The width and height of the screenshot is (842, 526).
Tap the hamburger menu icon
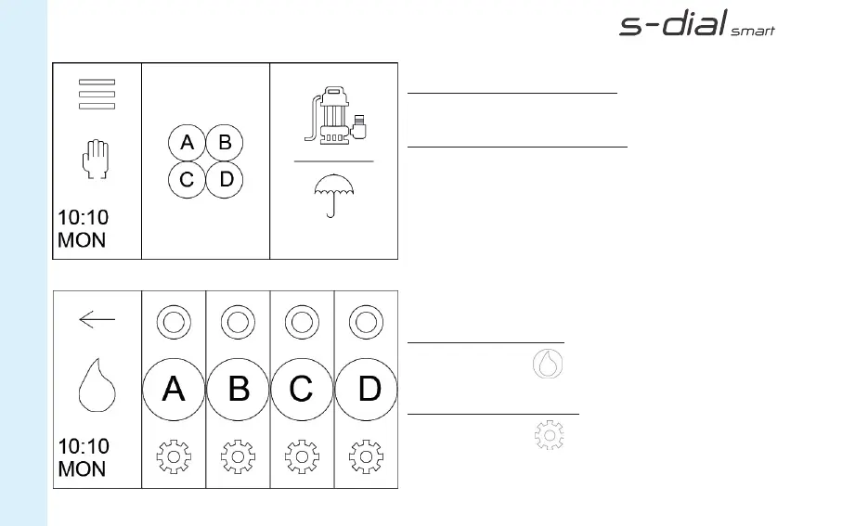[x=97, y=94]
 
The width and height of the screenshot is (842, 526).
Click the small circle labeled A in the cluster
[x=187, y=143]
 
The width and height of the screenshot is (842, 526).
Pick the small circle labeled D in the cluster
[x=225, y=179]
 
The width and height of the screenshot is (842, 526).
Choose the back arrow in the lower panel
[x=97, y=320]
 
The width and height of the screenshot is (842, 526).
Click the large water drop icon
[x=97, y=387]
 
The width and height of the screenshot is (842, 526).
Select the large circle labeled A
[x=174, y=389]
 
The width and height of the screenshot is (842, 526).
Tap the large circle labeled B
[x=238, y=389]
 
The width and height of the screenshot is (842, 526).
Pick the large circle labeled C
[x=302, y=389]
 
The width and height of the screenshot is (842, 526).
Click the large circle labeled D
[x=367, y=389]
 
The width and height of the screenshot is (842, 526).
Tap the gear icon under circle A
[x=174, y=456]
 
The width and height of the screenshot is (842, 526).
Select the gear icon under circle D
[x=367, y=456]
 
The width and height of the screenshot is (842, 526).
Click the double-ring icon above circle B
[x=238, y=323]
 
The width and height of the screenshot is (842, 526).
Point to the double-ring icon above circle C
[x=302, y=323]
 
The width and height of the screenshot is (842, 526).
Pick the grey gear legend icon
[x=550, y=434]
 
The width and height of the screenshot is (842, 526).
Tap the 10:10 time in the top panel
[x=84, y=218]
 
